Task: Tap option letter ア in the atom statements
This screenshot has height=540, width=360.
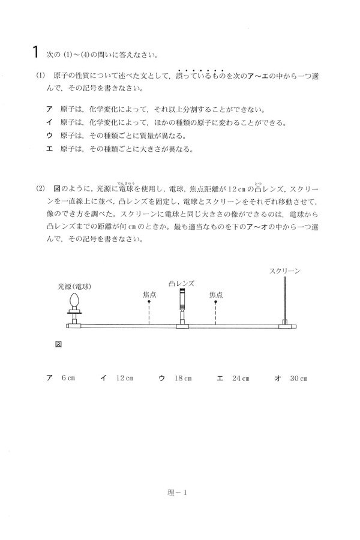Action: click(x=50, y=110)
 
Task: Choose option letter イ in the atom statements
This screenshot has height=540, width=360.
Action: click(x=50, y=123)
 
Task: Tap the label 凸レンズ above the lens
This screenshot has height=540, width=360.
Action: click(x=182, y=284)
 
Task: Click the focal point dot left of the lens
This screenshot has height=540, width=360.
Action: click(x=149, y=303)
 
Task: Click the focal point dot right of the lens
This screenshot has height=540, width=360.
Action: click(x=215, y=303)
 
